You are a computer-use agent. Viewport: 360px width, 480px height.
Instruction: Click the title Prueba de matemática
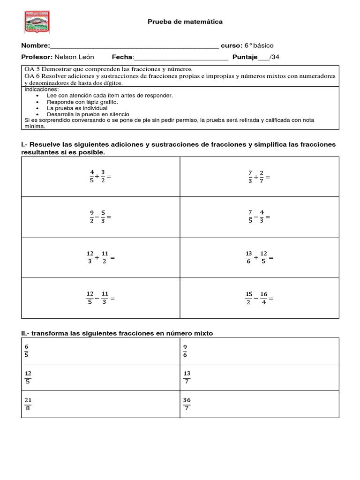(179, 22)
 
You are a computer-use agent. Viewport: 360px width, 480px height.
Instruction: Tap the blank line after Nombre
(134, 46)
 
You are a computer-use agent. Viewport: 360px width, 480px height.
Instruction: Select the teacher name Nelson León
(74, 57)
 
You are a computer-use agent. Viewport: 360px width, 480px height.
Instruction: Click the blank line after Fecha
(181, 58)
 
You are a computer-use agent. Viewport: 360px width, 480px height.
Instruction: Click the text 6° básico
(259, 45)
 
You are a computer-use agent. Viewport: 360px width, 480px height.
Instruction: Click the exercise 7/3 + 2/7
(259, 177)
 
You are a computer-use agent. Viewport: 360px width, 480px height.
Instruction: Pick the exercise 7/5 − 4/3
(259, 217)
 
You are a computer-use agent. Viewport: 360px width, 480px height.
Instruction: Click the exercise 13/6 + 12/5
(259, 257)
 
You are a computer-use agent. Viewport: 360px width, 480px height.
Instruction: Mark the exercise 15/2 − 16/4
(259, 298)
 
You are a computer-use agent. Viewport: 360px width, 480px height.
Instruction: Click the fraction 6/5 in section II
(27, 351)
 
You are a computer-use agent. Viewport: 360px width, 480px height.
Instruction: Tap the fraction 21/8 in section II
(28, 404)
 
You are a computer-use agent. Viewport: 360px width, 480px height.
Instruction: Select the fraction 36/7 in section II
(187, 404)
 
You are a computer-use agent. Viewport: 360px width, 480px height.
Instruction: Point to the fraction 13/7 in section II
(187, 377)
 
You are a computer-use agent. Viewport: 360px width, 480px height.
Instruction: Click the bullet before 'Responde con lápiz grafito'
(37, 102)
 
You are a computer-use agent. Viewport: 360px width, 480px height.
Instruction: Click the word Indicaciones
(42, 89)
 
